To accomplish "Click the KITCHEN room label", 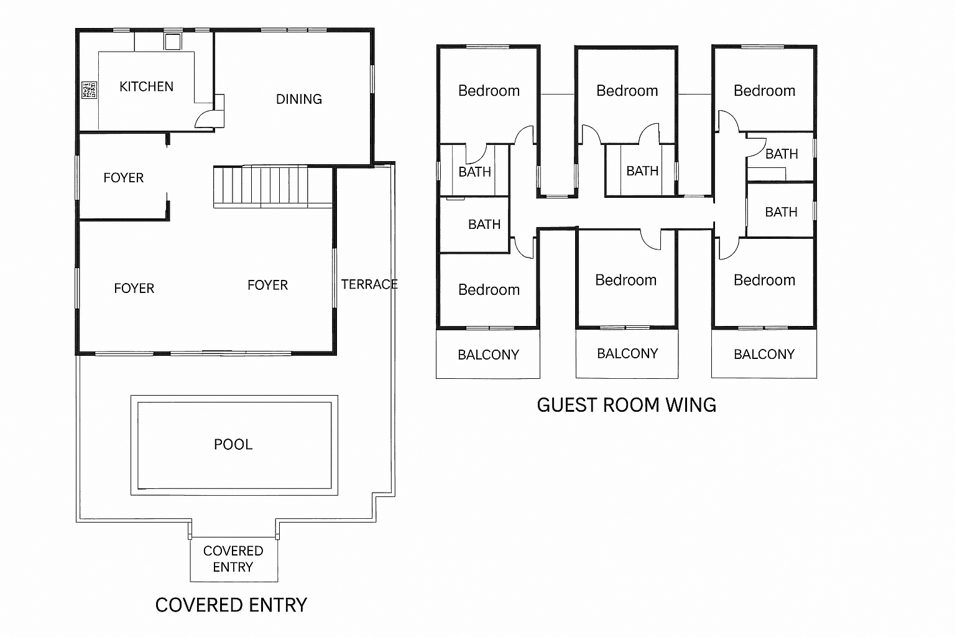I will point(146,86).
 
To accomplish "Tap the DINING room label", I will point(298,99).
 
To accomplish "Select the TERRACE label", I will point(369,284).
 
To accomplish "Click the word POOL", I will point(233,444).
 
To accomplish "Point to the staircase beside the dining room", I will point(272,185).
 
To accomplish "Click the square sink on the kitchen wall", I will point(172,41).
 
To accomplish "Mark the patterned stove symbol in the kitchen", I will point(89,90).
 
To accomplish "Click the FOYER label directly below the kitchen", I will point(123,178).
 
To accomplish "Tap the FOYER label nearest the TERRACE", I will point(267,285).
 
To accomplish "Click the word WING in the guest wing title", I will point(691,405).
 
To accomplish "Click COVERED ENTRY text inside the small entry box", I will point(233,559).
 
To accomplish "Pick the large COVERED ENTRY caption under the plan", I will point(231,605).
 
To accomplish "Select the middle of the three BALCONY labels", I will point(627,353).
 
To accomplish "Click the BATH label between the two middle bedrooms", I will point(642,171).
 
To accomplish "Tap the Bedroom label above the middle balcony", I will point(625,280).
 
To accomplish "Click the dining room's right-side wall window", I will point(372,79).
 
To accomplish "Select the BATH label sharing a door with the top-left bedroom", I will point(474,172).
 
